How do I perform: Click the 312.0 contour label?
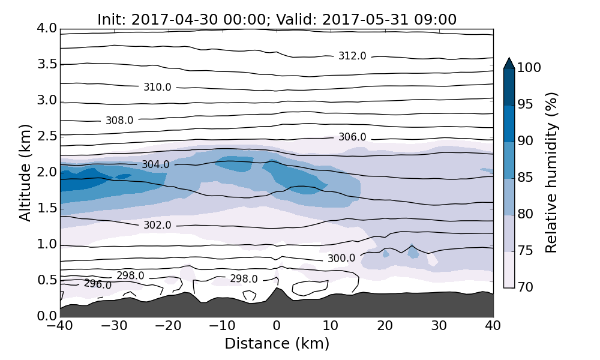(x=352, y=56)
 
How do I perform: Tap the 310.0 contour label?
(x=157, y=88)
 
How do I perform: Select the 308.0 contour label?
(x=119, y=121)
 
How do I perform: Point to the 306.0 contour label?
(x=352, y=137)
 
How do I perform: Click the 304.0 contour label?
(x=155, y=164)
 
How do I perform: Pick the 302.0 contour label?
(x=157, y=225)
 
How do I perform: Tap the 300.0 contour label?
(x=341, y=259)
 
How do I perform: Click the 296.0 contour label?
(x=98, y=284)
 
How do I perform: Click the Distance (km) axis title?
(x=277, y=344)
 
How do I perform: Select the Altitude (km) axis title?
(x=25, y=172)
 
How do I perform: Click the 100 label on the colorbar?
(x=529, y=68)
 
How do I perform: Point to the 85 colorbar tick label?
(x=525, y=178)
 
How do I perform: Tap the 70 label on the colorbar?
(x=525, y=287)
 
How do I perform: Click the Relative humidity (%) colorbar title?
(x=551, y=172)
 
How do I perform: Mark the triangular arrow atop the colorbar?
(x=509, y=63)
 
